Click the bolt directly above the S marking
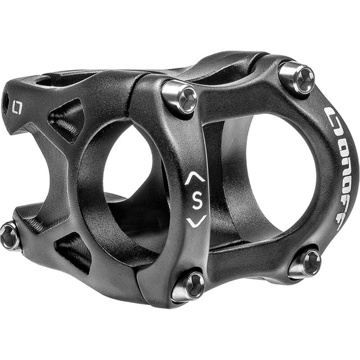pos(180,97)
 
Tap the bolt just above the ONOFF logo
pos(297,78)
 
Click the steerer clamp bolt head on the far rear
pos(10,236)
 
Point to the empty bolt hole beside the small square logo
pos(5,102)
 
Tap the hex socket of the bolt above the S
pos(187,99)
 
